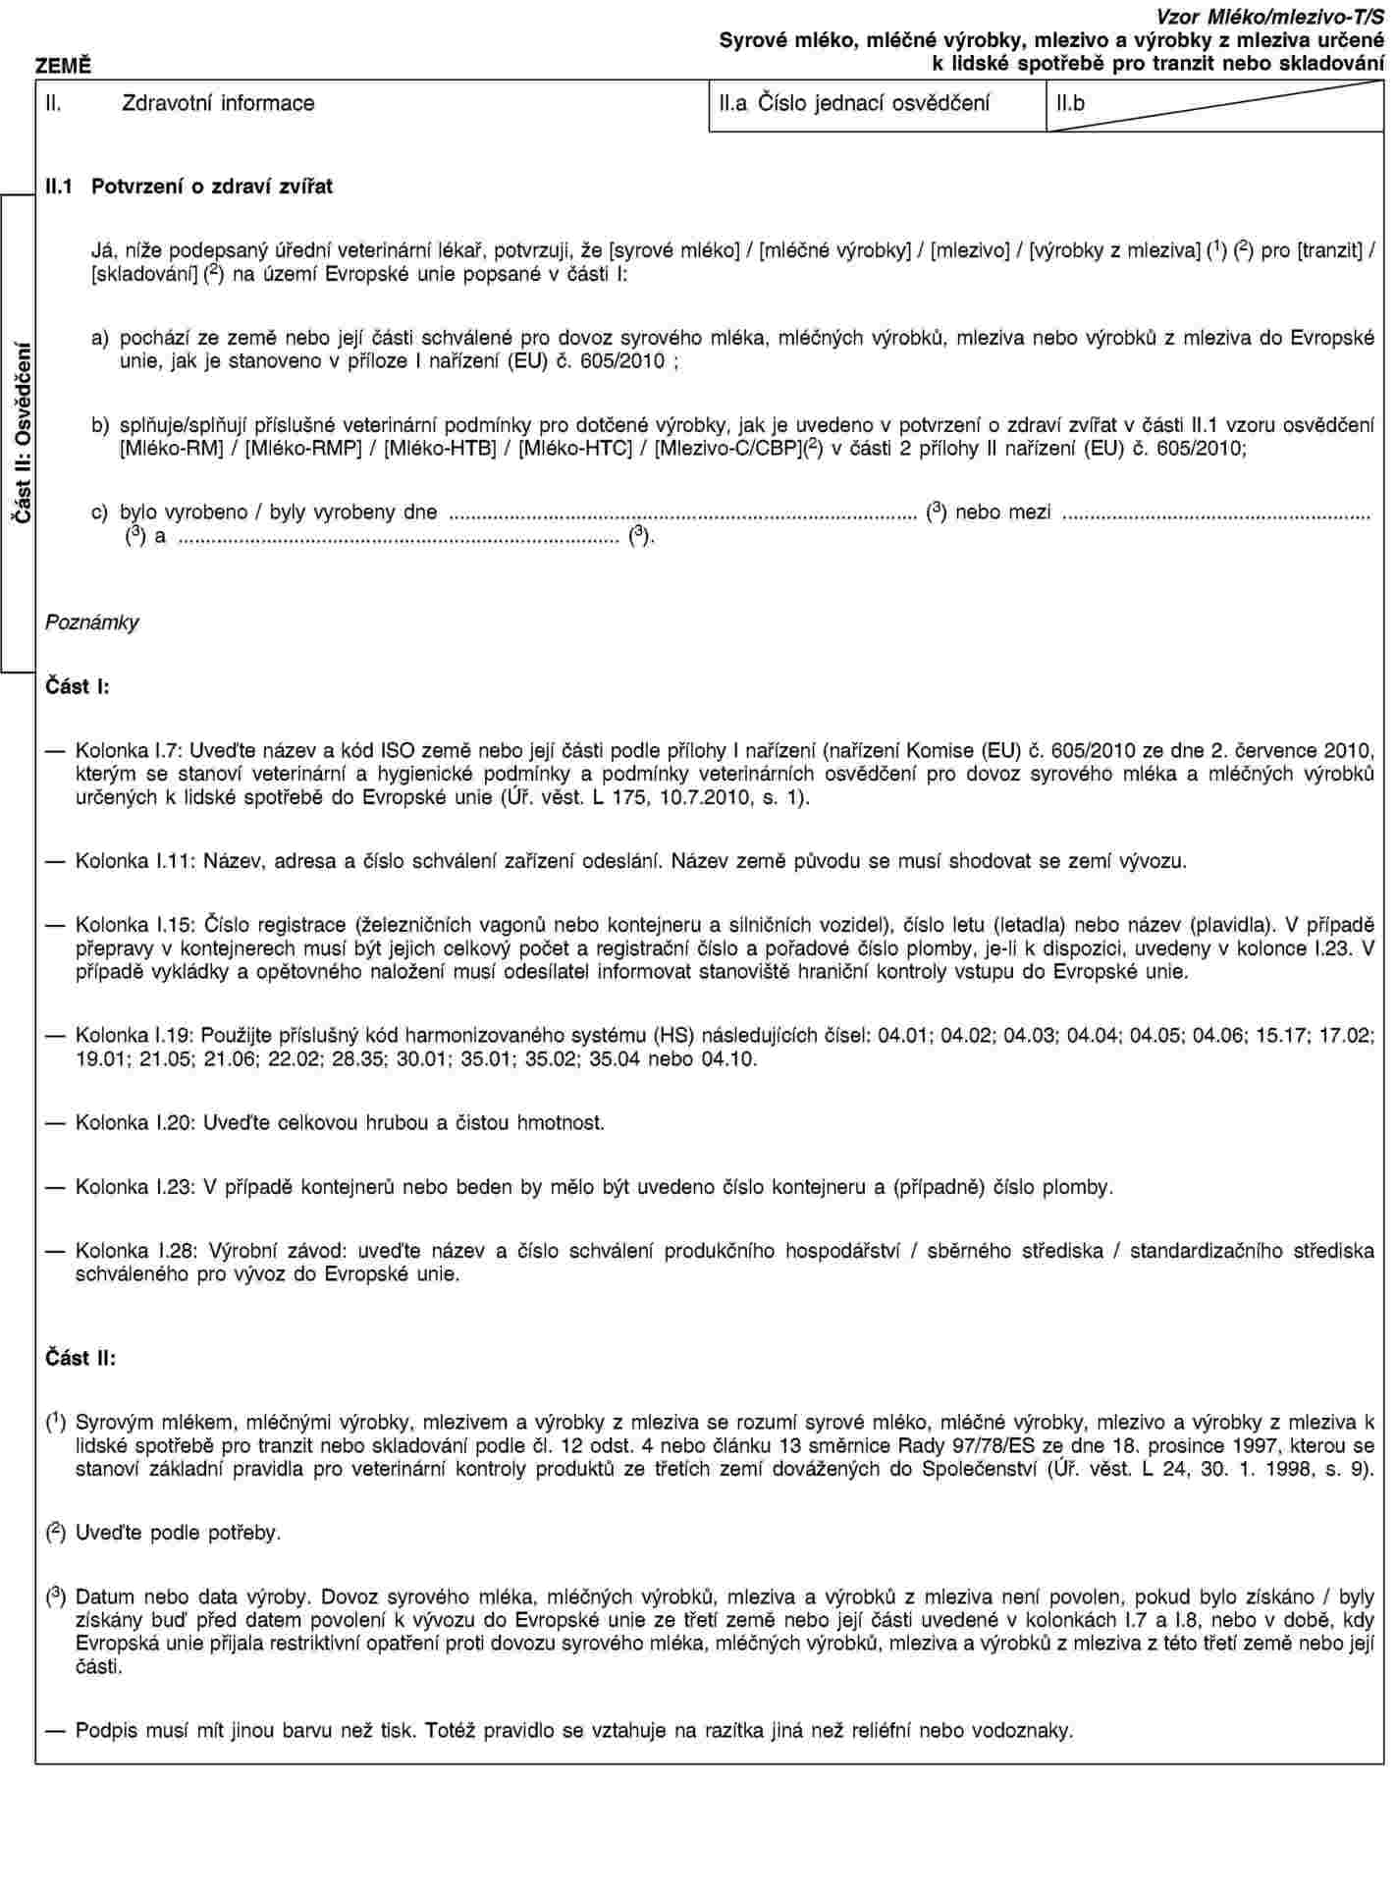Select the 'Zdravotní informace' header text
(217, 102)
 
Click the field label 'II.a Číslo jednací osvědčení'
(854, 102)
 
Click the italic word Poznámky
(91, 622)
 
